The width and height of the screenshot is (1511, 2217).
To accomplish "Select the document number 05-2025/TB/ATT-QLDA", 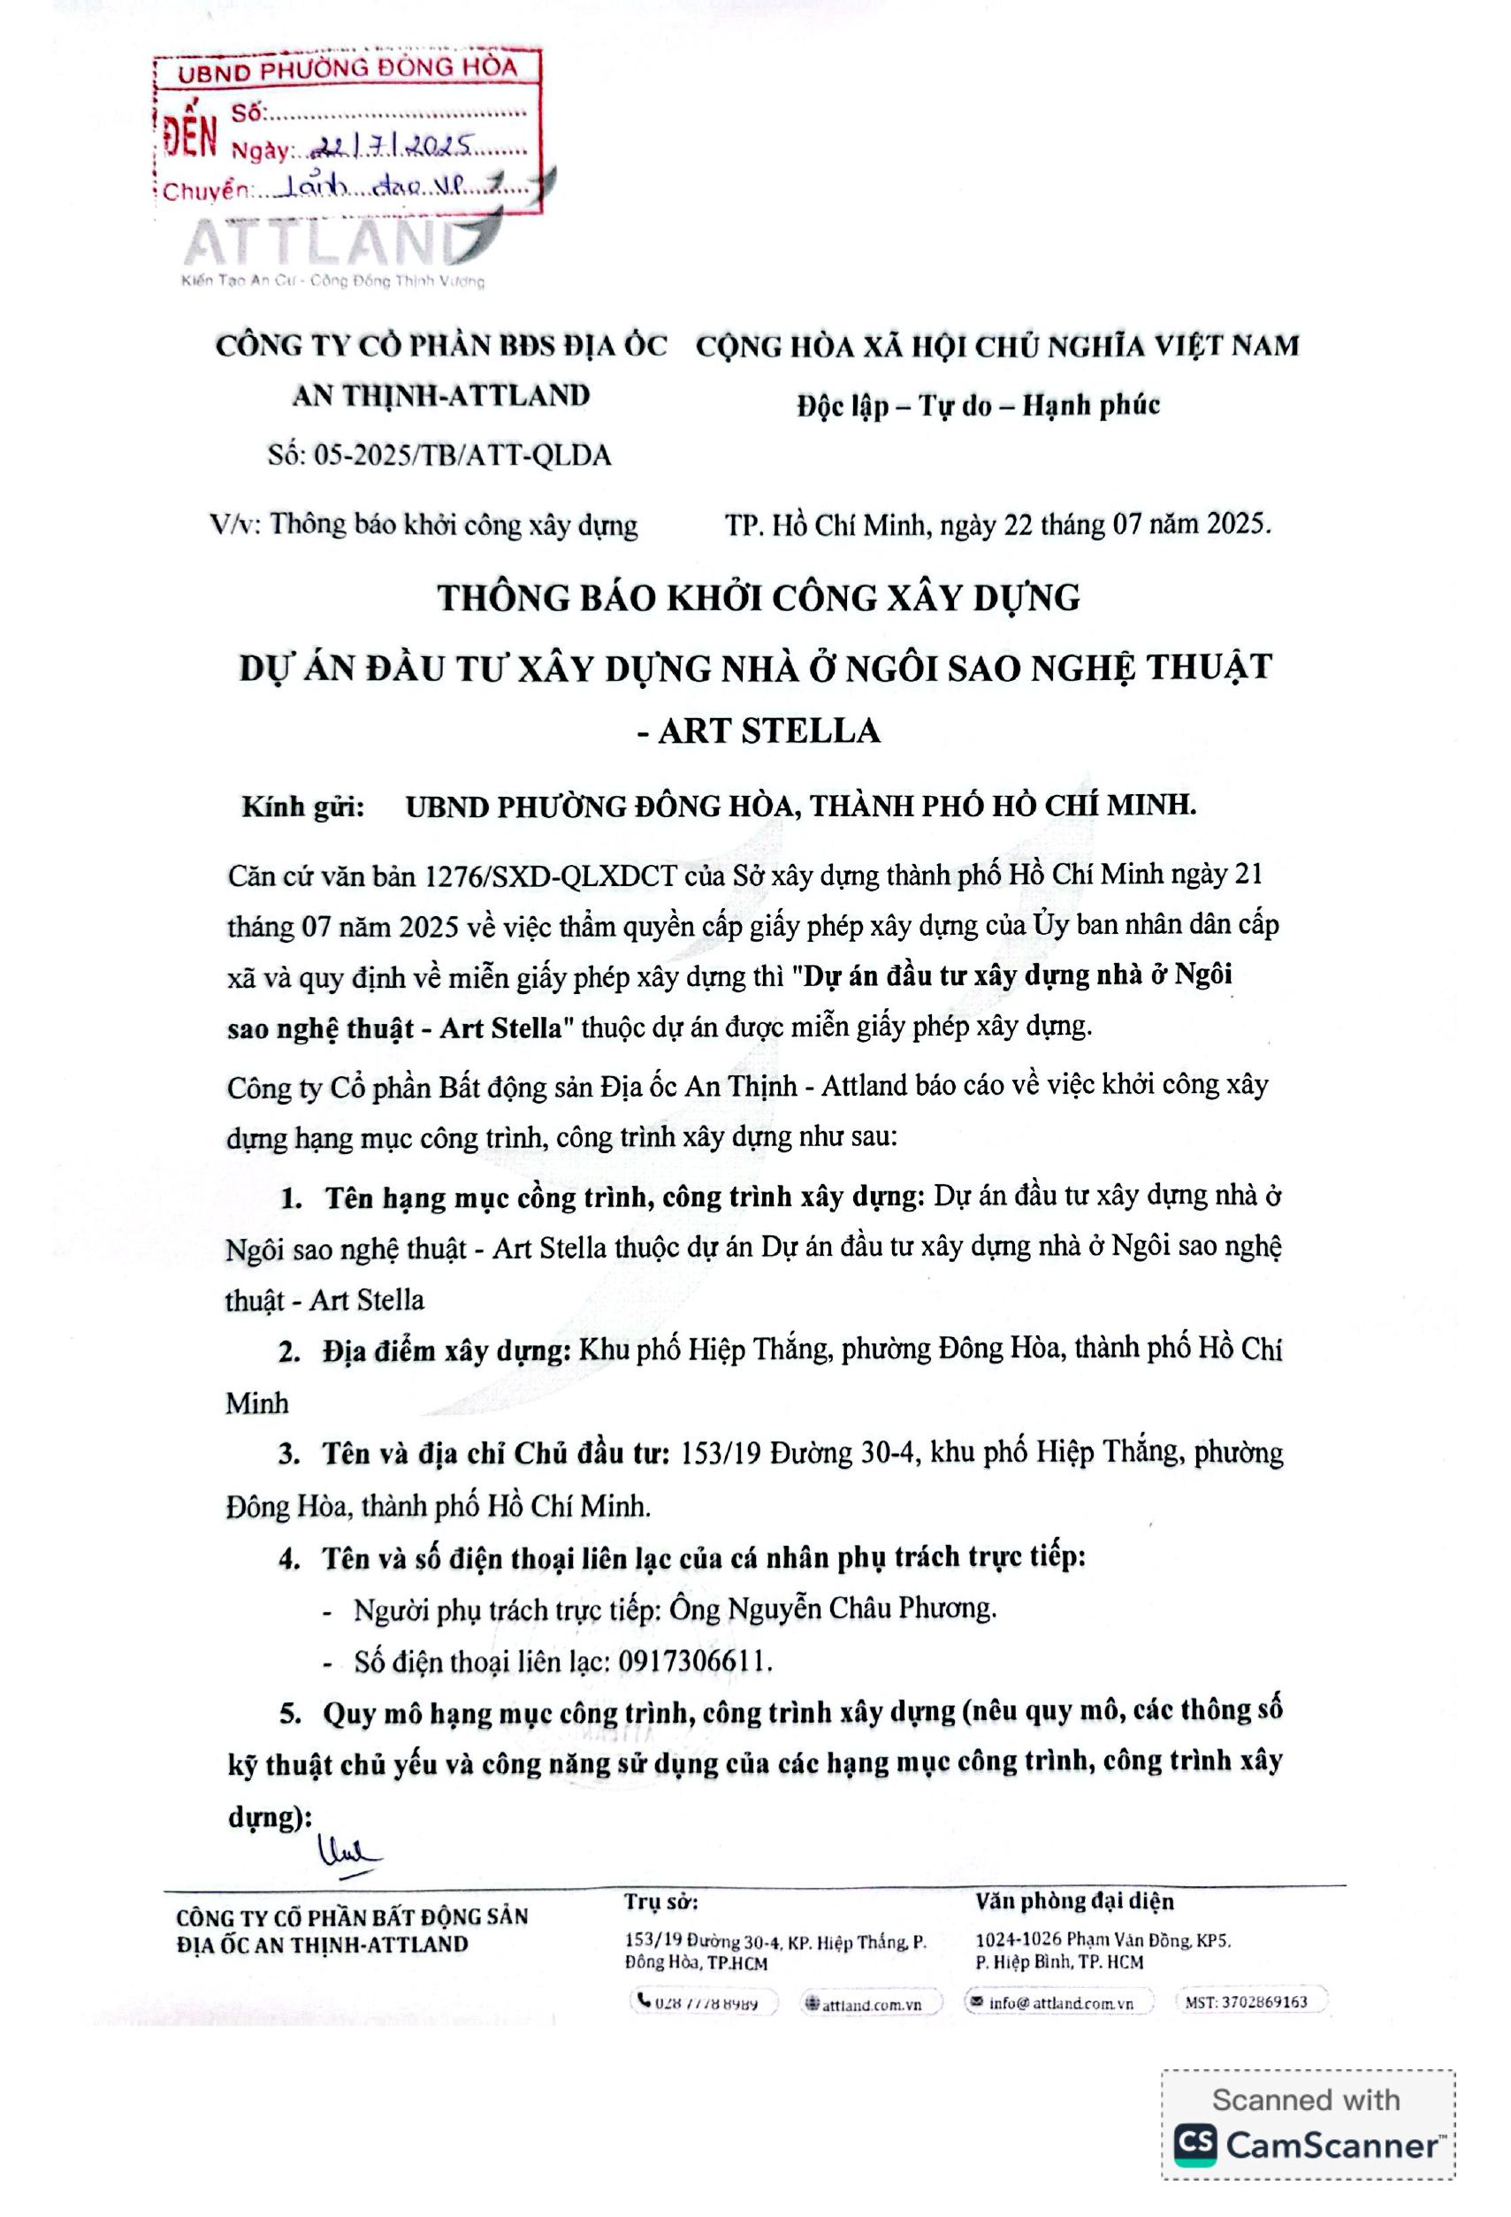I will pos(439,455).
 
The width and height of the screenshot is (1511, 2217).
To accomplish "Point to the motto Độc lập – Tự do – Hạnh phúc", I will pos(979,405).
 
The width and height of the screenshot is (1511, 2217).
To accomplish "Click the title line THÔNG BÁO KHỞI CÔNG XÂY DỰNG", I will pos(759,598).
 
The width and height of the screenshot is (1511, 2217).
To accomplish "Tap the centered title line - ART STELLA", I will pos(758,730).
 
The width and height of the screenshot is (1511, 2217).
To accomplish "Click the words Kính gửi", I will pos(302,807).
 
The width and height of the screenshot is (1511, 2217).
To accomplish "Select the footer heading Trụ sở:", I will pos(662,1901).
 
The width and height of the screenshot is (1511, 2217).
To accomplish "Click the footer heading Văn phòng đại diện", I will pos(1074,1901).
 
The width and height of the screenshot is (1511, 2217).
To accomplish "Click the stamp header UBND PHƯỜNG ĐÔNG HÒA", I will pos(347,69).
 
